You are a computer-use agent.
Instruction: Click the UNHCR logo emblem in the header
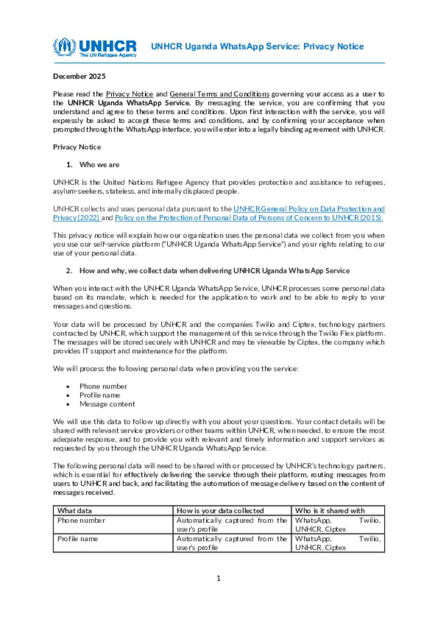coord(65,47)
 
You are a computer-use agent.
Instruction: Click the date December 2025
coord(79,76)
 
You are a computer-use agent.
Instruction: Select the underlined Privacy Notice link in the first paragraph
coord(129,94)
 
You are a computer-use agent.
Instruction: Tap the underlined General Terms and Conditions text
coord(219,94)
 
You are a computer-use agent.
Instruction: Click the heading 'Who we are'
coord(99,165)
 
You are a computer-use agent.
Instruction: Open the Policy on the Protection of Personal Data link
coord(249,218)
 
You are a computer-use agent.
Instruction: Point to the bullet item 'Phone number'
coord(103,386)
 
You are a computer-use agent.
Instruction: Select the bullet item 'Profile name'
coord(100,395)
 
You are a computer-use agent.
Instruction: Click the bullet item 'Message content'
coord(107,404)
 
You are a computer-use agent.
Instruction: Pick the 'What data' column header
coord(74,510)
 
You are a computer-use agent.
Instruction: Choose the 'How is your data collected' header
coord(220,510)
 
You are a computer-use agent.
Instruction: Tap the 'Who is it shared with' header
coord(330,510)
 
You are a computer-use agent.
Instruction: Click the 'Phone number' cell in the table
coord(81,520)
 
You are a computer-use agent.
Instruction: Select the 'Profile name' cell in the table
coord(78,539)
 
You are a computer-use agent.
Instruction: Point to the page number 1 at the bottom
coord(219,578)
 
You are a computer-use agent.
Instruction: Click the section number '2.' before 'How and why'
coord(69,271)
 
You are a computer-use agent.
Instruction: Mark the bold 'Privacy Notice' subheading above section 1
coord(77,147)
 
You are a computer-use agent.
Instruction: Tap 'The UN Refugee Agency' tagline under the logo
coord(108,55)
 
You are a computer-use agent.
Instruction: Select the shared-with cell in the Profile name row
coord(338,543)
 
